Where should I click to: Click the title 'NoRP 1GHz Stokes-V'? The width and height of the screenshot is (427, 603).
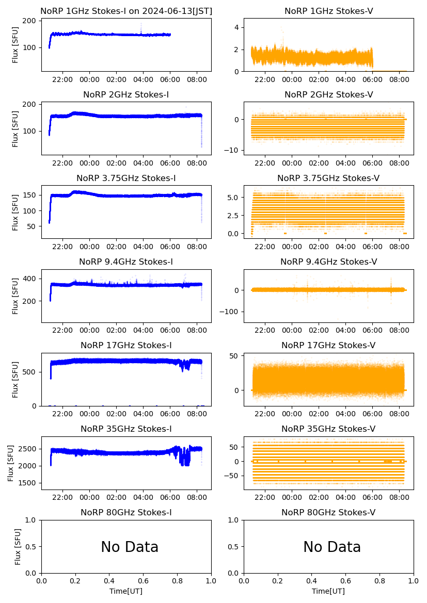tap(329, 11)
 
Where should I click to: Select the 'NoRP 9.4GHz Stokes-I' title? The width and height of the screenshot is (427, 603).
tap(126, 262)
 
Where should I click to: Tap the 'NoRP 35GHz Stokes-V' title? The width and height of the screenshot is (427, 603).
tap(328, 429)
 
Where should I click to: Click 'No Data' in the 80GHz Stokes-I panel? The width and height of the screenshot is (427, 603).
tap(130, 547)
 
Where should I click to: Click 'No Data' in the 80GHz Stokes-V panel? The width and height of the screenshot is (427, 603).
tap(332, 547)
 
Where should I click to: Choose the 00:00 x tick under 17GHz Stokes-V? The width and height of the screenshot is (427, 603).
tap(292, 414)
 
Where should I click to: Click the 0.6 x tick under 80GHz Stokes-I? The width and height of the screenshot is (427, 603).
tap(143, 581)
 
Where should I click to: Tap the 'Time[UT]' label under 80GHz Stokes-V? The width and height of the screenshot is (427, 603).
tap(328, 591)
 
